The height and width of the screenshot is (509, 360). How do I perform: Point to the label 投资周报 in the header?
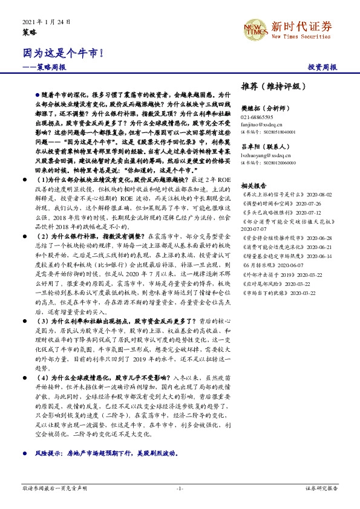point(322,67)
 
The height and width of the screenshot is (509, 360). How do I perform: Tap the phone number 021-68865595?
point(257,117)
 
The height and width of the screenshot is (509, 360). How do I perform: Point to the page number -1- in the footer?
point(180,487)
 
